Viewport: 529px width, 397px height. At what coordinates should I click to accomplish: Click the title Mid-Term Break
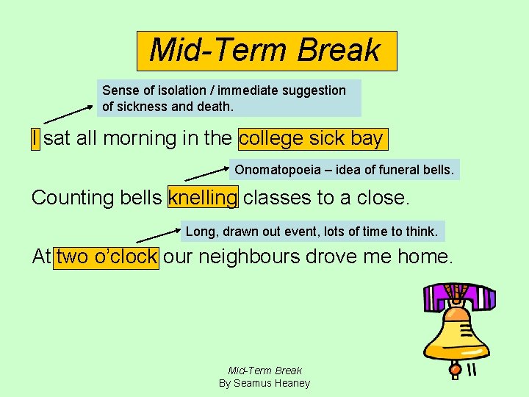coord(265,50)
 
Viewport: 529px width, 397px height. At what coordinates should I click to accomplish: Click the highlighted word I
coord(35,138)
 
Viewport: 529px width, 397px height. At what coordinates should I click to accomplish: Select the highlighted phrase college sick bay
coord(312,138)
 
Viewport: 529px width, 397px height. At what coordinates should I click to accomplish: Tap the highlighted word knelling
coord(203,198)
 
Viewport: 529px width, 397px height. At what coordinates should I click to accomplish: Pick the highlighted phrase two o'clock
coord(106,257)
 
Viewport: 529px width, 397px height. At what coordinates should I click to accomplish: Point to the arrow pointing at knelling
coord(206,174)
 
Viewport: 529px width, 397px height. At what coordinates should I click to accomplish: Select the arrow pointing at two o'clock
coord(158,235)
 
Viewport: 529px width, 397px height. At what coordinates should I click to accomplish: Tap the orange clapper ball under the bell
coord(456,368)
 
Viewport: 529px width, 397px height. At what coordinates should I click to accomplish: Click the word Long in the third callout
coord(199,232)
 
